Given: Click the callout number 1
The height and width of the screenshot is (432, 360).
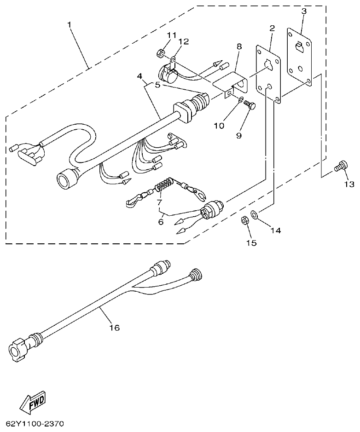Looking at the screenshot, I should (70, 24).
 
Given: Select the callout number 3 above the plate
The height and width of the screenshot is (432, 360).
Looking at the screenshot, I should (303, 11).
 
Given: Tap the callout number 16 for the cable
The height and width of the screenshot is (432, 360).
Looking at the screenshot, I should (114, 328).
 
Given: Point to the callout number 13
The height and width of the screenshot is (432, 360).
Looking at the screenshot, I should (348, 184).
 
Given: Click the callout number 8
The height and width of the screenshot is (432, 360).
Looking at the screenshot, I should (239, 46).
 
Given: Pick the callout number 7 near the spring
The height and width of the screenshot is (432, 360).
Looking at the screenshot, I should (159, 202).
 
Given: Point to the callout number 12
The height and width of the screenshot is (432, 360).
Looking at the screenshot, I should (184, 42).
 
